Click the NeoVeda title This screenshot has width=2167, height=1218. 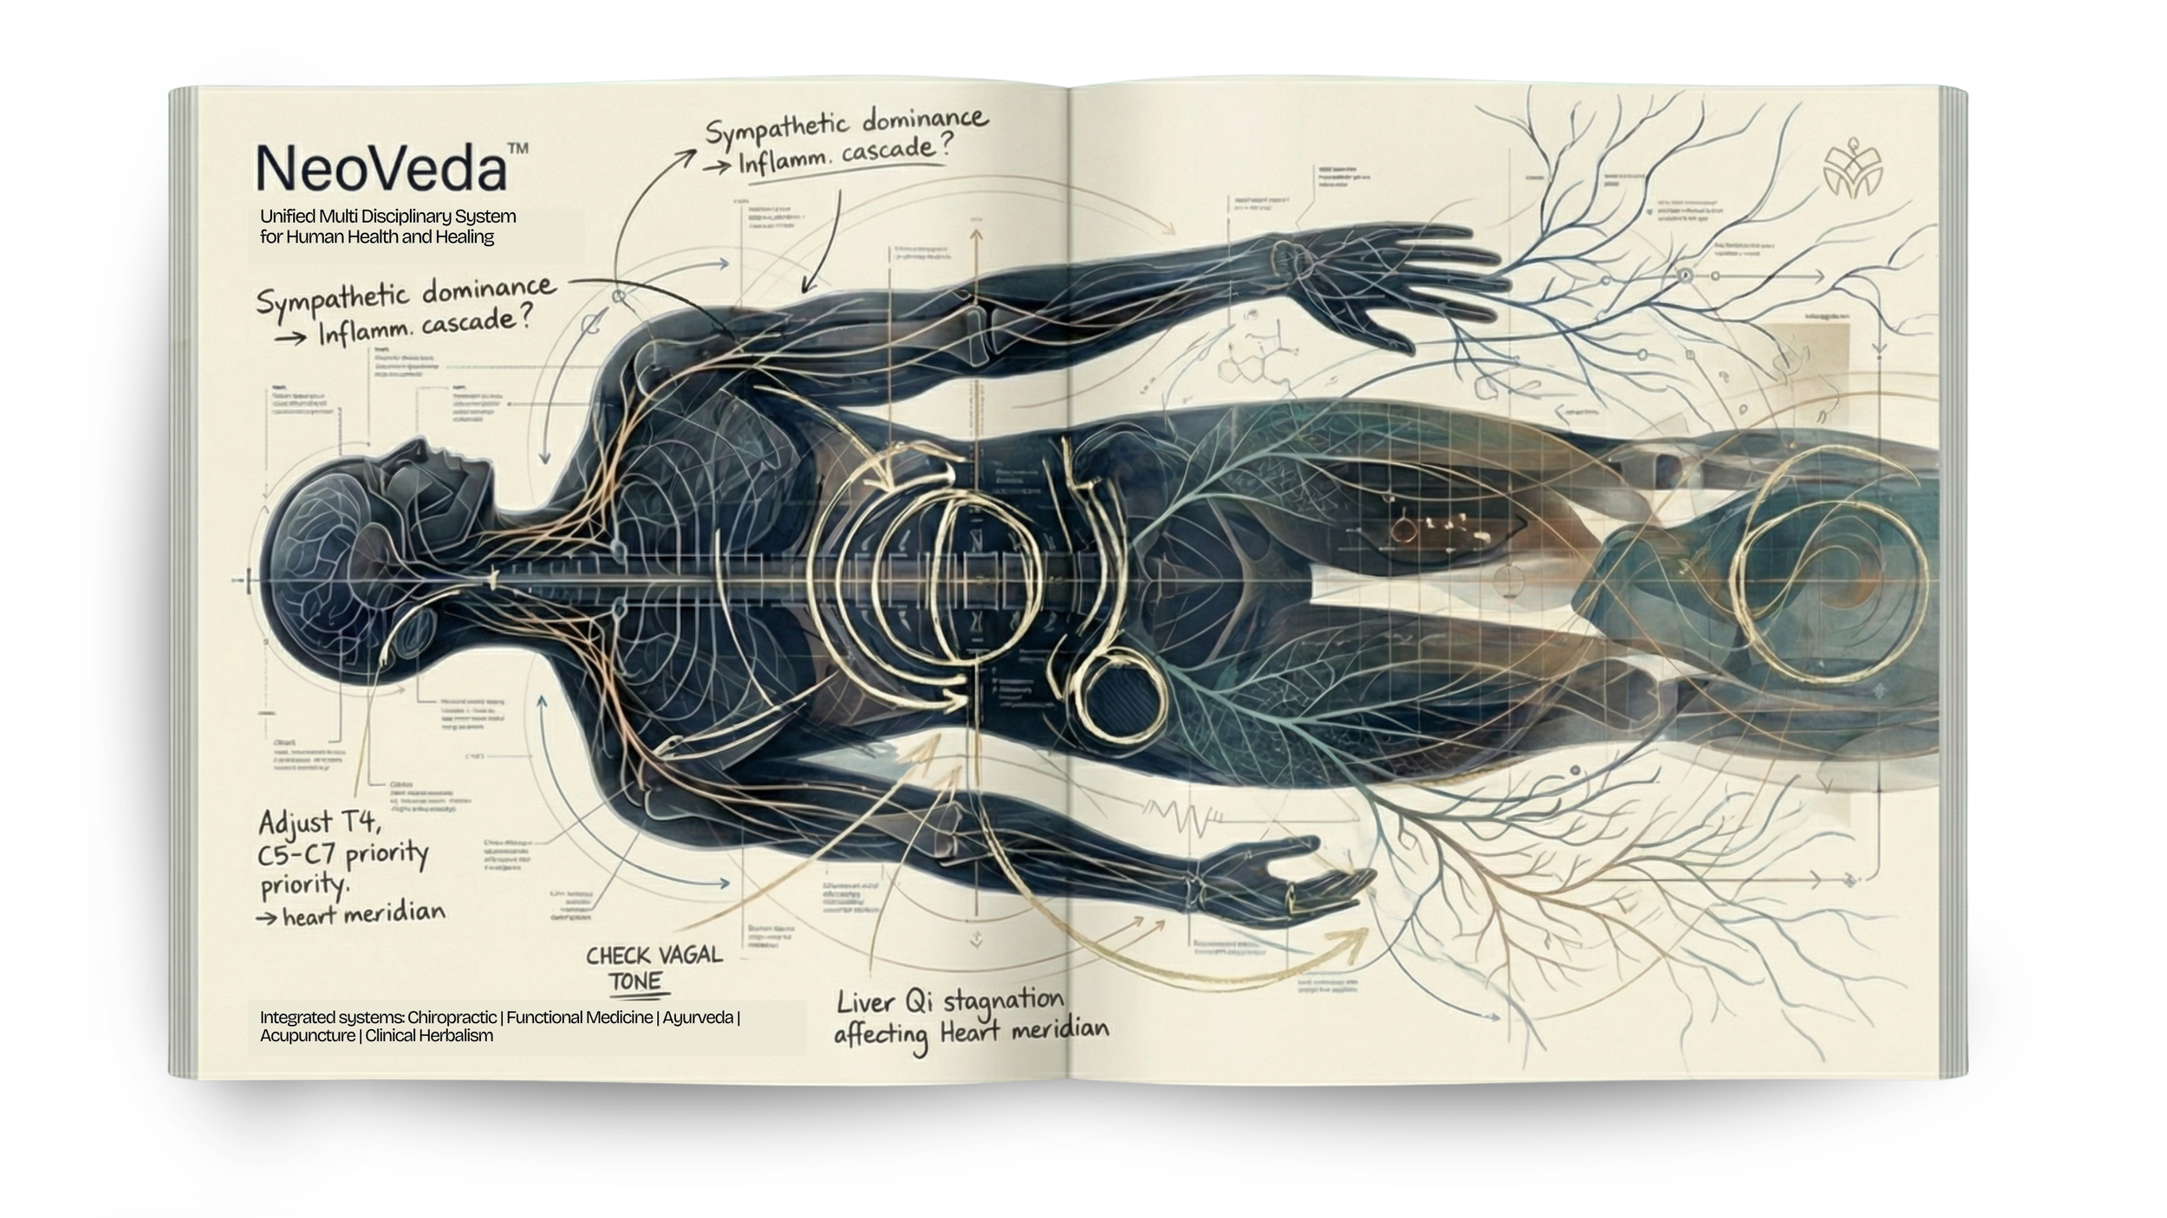pyautogui.click(x=381, y=168)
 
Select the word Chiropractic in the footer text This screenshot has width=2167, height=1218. pyautogui.click(x=452, y=1017)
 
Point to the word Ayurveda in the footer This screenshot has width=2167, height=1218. pyautogui.click(x=698, y=1017)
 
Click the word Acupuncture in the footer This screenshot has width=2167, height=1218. pyautogui.click(x=307, y=1035)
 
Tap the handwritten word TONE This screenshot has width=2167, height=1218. pyautogui.click(x=634, y=982)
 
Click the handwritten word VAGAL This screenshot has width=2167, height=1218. pyautogui.click(x=689, y=955)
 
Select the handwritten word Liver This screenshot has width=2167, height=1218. pyautogui.click(x=865, y=1002)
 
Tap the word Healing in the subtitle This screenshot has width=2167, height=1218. pyautogui.click(x=465, y=236)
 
